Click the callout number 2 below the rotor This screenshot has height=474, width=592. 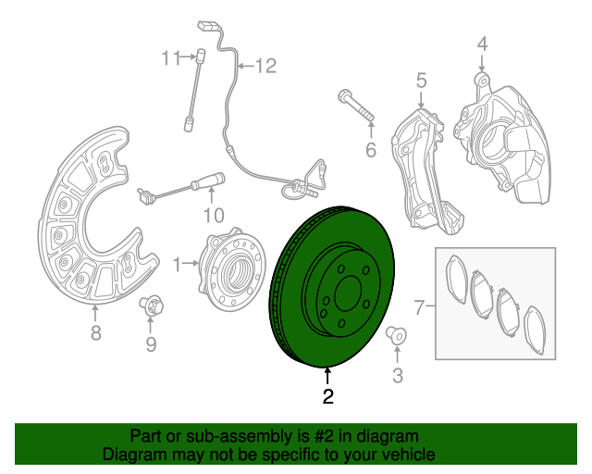pos(327,398)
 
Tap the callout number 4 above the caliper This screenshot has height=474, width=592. pos(481,44)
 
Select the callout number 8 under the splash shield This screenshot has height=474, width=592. pos(95,334)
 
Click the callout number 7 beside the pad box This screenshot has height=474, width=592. pos(418,306)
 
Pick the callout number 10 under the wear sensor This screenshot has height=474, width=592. pos(213,215)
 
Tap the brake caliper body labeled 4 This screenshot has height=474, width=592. pos(504,139)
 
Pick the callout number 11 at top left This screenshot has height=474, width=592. pos(168,58)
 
